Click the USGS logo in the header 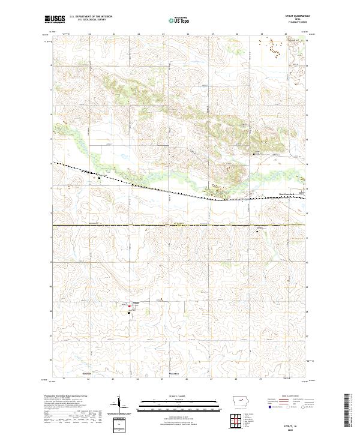(55, 19)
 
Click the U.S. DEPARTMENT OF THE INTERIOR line (91, 17)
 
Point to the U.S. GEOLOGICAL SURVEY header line (91, 20)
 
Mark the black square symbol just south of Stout (128, 312)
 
